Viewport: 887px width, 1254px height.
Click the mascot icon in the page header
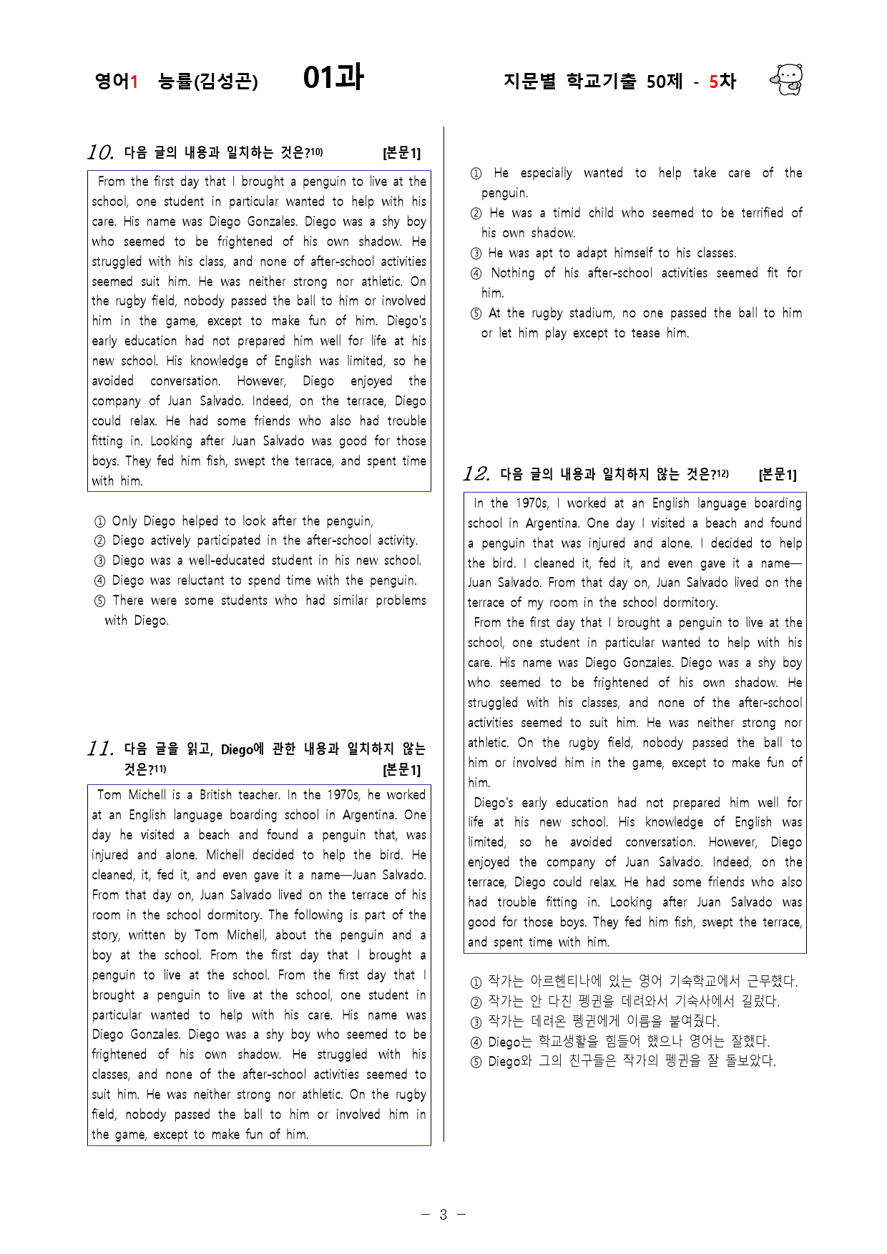point(787,79)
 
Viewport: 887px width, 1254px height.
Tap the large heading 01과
point(333,77)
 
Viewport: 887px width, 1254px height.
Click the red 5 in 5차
point(713,82)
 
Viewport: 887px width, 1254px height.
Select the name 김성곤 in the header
point(226,82)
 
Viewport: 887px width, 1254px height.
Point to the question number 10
point(101,152)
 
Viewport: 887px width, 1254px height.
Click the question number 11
point(101,749)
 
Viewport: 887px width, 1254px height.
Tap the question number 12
point(476,474)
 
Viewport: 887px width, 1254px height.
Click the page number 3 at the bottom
point(443,1214)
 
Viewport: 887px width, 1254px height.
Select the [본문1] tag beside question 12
point(777,475)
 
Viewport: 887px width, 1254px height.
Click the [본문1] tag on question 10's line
point(401,153)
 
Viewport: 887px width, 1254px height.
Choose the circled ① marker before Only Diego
point(100,522)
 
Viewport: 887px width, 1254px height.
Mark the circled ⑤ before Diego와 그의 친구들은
point(476,1062)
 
